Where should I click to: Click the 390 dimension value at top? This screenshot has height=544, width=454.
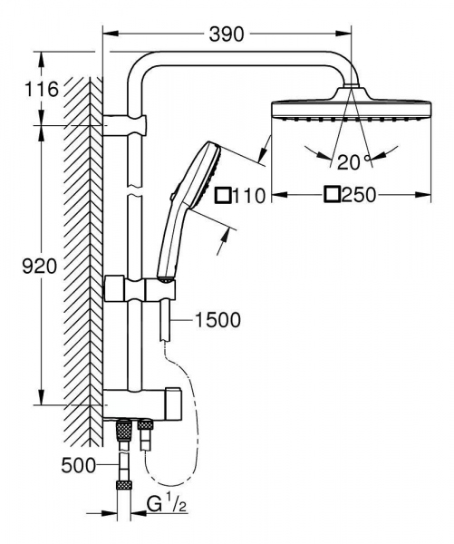pos(226,34)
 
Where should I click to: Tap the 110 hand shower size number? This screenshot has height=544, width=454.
pos(246,194)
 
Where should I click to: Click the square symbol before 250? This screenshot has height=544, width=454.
pos(333,194)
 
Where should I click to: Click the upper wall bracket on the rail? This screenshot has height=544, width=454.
pos(127,123)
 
